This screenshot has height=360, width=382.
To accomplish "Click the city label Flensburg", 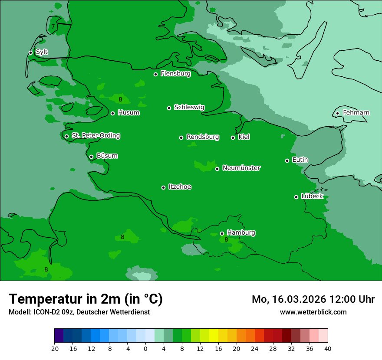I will [x=175, y=74].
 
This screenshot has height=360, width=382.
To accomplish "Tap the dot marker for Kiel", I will [x=233, y=137].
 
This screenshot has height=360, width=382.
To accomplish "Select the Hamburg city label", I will [x=241, y=233].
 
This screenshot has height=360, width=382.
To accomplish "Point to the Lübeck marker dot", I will [x=296, y=197].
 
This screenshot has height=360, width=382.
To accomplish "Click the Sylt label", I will [x=42, y=52].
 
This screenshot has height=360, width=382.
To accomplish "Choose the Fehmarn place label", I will [x=356, y=113].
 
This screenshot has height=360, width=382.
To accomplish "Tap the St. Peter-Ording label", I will [x=95, y=136].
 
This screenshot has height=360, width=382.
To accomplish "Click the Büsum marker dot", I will [x=91, y=157].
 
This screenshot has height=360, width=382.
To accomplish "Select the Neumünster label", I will [x=241, y=168].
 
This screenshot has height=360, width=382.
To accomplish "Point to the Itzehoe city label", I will [x=180, y=187].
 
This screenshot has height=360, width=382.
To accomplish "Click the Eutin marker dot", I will [x=287, y=160].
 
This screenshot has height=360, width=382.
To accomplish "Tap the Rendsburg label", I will [x=203, y=137].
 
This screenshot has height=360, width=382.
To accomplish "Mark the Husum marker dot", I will [x=112, y=113].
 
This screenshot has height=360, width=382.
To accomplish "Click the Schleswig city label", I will [x=189, y=107].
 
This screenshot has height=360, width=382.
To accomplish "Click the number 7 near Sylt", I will [x=53, y=26].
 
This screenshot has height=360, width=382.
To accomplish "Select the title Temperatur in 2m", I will [x=86, y=299].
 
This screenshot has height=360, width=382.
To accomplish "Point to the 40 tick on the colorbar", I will [x=327, y=349].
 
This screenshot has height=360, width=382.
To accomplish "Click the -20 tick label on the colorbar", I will [x=54, y=349].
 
